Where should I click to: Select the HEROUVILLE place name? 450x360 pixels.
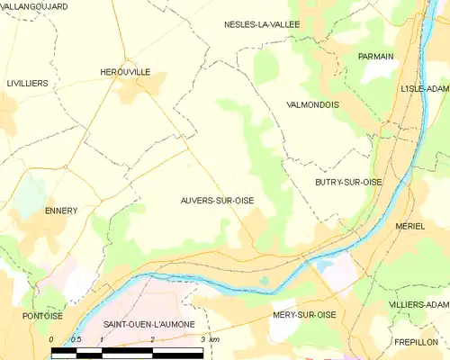point(125,71)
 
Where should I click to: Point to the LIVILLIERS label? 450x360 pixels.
point(27,83)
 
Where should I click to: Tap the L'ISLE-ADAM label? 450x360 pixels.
point(424,89)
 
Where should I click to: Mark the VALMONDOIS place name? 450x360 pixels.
point(311,104)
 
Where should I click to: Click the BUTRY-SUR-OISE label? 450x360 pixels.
point(348,182)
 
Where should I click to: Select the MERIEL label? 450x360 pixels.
point(409,226)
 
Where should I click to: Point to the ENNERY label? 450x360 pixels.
point(61,211)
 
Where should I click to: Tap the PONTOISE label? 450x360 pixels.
point(43,316)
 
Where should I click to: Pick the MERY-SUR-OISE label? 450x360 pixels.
point(303,315)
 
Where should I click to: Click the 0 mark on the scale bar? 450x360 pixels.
point(51,339)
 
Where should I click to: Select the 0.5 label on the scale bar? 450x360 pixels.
point(76,339)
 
